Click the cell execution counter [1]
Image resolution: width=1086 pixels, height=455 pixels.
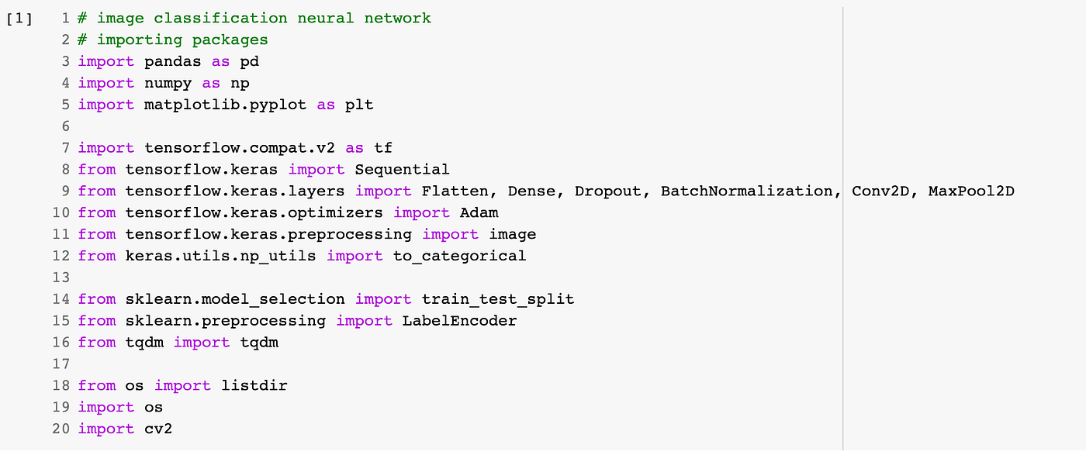tap(19, 18)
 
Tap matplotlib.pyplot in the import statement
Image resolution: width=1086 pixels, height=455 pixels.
tap(225, 104)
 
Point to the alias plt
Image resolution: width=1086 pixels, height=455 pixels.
tap(359, 104)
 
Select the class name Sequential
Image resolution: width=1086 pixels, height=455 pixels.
tap(402, 169)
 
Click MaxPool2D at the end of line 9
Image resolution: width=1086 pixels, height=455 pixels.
tap(971, 191)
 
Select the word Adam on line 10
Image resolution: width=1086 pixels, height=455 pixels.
tap(479, 212)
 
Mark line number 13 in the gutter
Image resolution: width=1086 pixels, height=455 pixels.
tap(61, 277)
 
